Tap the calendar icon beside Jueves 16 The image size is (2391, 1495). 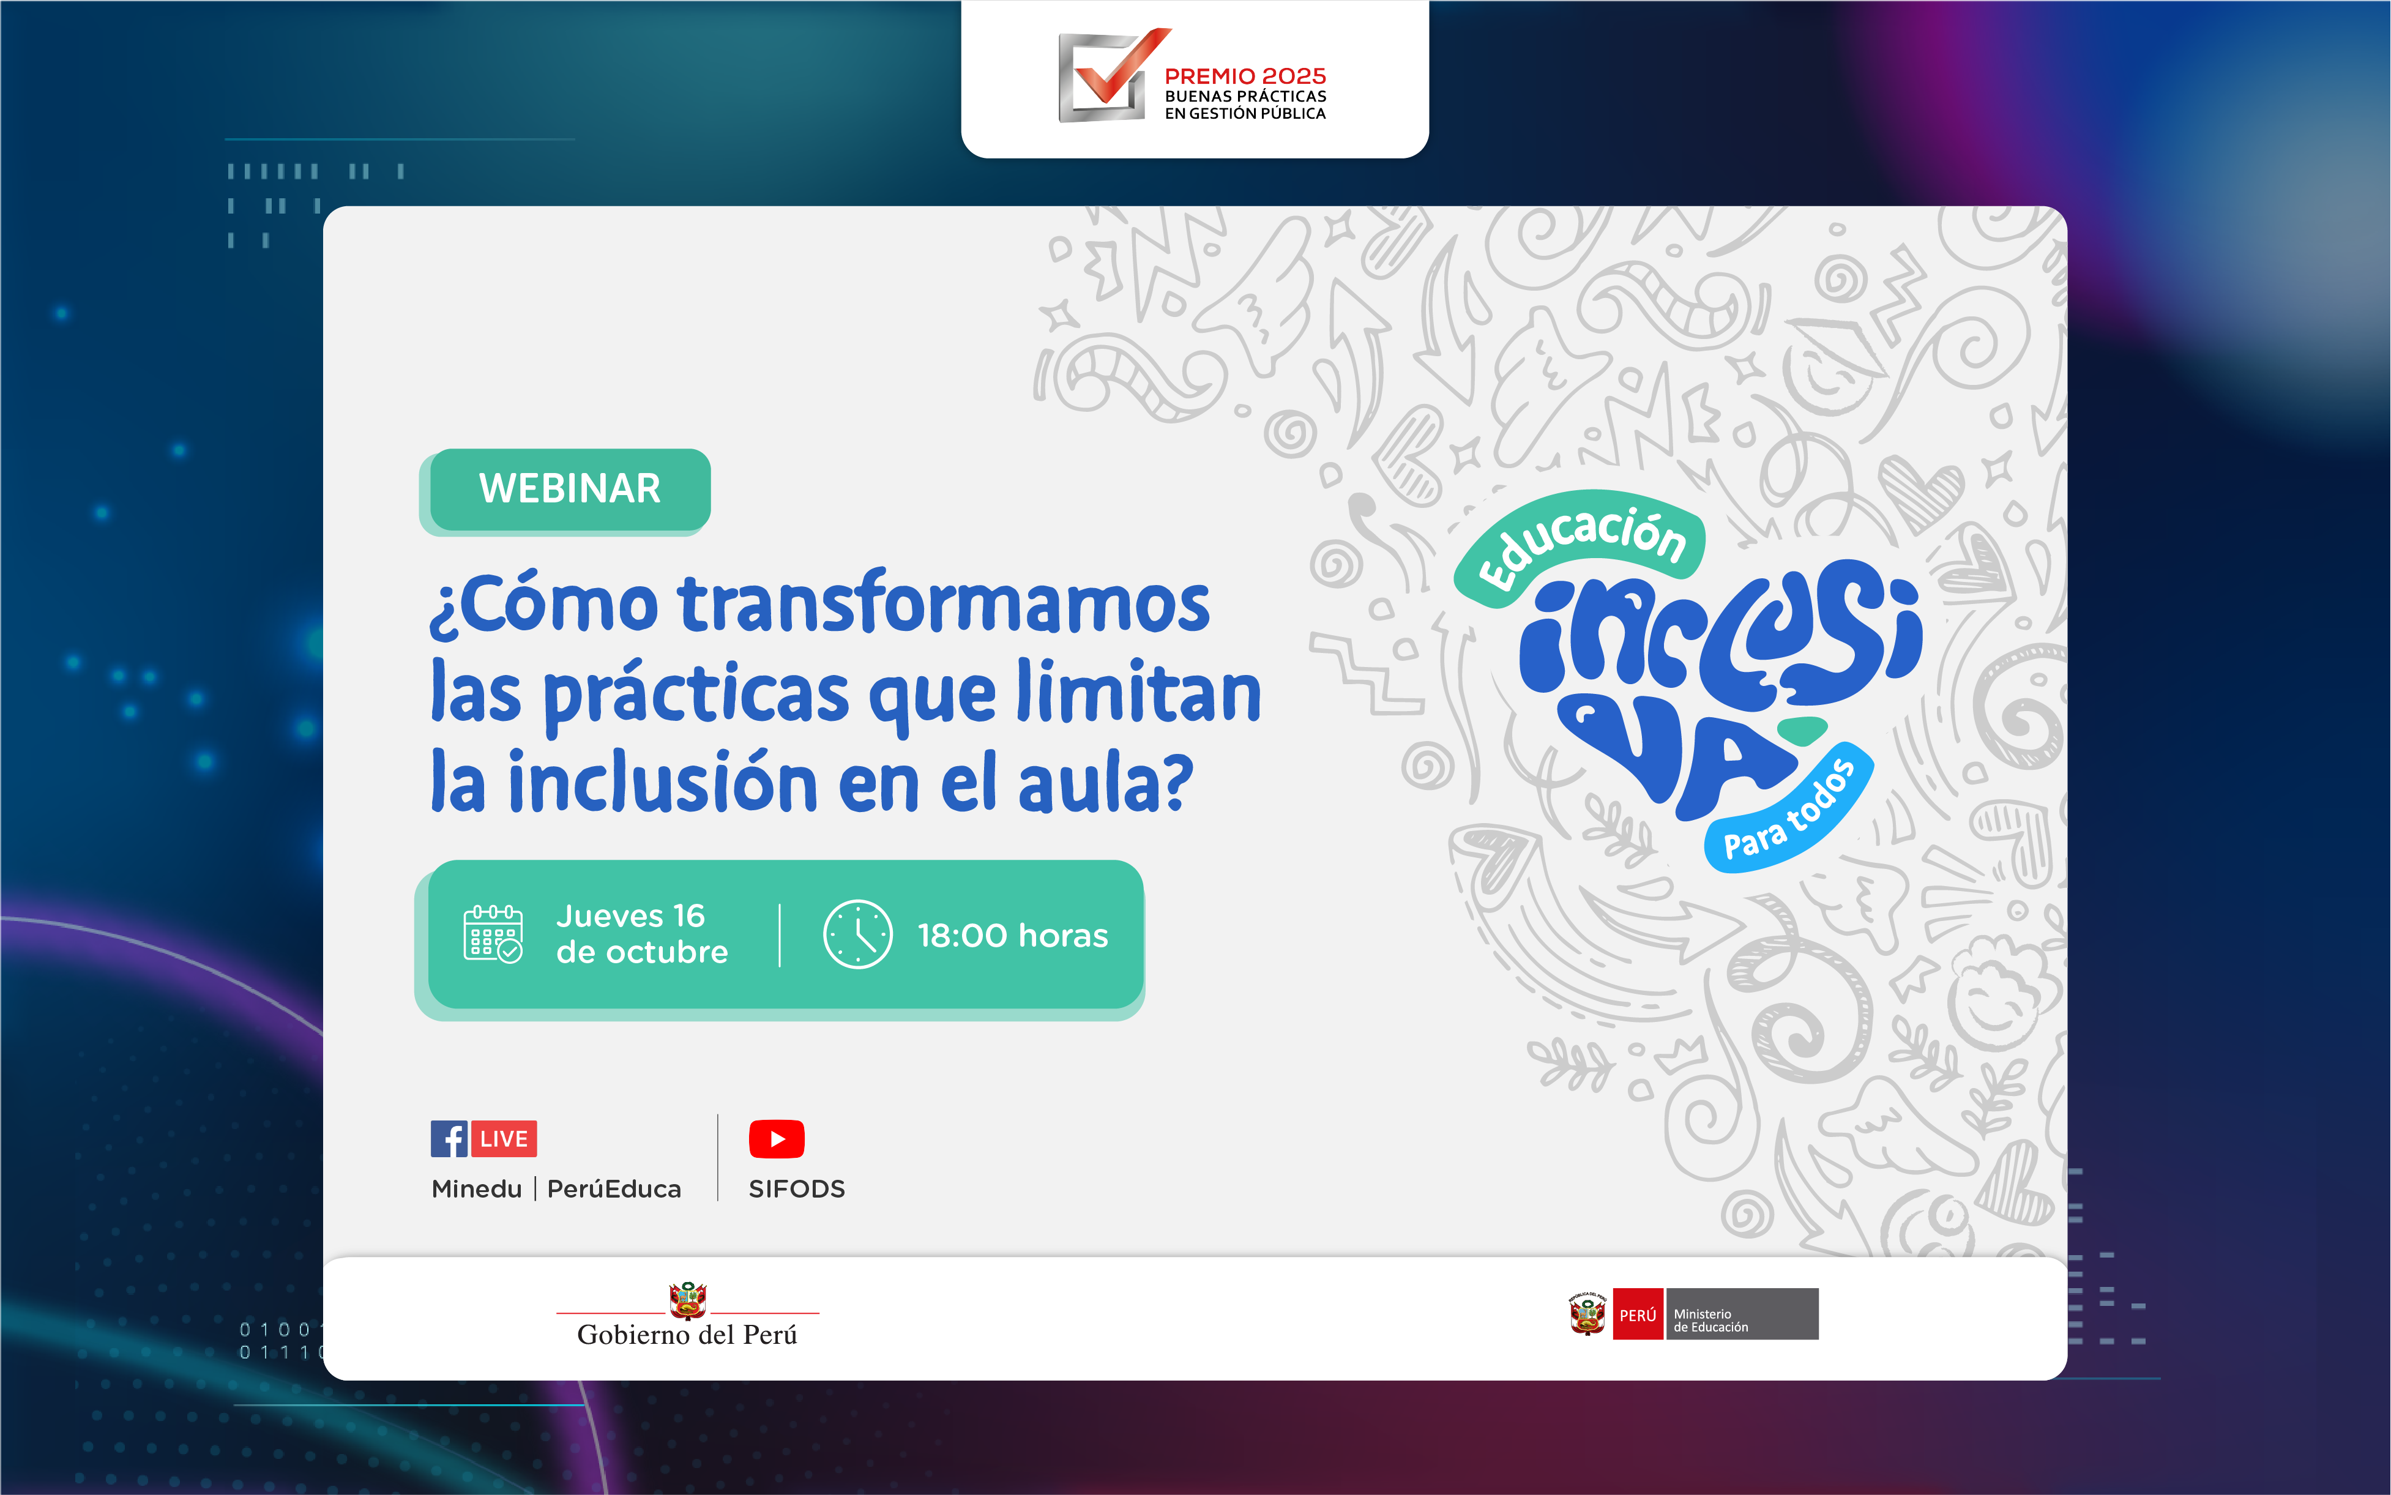coord(493,933)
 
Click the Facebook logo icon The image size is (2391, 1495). coord(449,1139)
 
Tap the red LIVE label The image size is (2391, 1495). coord(503,1139)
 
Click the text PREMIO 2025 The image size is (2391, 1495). coord(1245,76)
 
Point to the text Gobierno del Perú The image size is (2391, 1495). coord(687,1335)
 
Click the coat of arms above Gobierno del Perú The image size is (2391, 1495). coord(687,1299)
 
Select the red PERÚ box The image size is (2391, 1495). coord(1638,1314)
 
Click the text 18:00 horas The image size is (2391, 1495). coord(1013,935)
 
